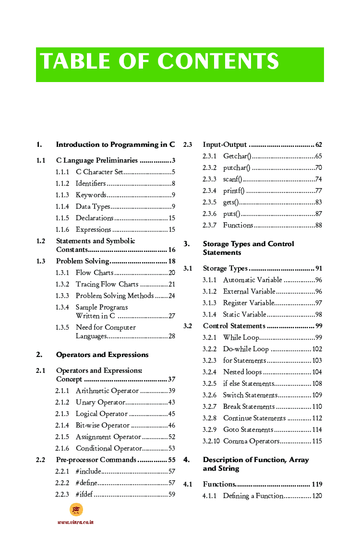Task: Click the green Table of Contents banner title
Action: [x=159, y=62]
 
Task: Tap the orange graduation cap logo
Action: [x=76, y=510]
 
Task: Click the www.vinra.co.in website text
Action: [x=75, y=522]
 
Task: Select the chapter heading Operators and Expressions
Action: [x=102, y=355]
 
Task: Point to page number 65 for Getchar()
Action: [x=318, y=156]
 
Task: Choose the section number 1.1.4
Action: [x=62, y=206]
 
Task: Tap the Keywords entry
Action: [x=91, y=195]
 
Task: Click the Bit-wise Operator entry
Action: [x=102, y=425]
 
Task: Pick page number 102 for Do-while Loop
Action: [x=317, y=349]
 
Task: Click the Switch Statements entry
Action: [x=250, y=395]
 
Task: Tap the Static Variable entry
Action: [x=244, y=314]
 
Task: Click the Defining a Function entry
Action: [x=253, y=496]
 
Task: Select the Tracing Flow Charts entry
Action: [x=107, y=284]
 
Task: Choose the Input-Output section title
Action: [x=225, y=144]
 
